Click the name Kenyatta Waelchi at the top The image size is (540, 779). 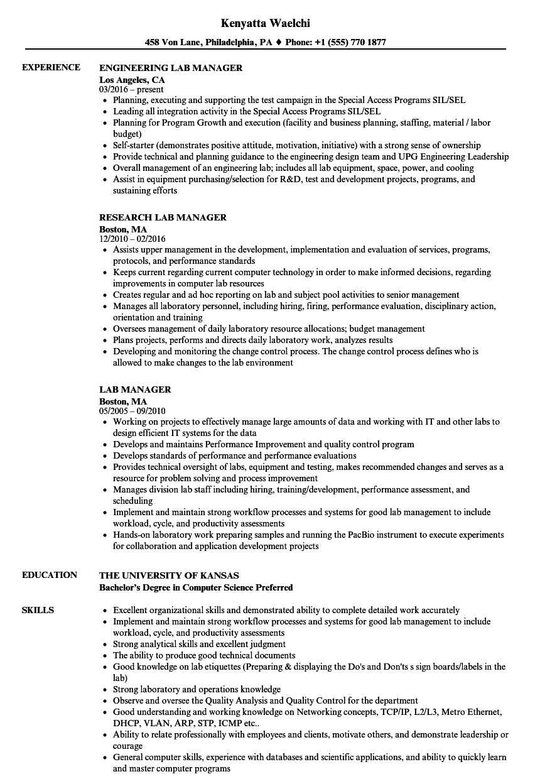coord(266,23)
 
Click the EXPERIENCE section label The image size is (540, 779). coord(51,67)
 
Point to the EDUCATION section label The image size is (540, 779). coord(50,575)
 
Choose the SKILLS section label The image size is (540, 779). coord(38,610)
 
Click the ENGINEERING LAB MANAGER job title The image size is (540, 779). coord(171,68)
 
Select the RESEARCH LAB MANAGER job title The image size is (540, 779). coord(163,217)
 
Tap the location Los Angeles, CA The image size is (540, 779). coord(132,80)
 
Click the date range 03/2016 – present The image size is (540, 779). coord(131,90)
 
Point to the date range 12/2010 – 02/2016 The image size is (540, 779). coord(132,239)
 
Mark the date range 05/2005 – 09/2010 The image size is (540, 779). coord(132,411)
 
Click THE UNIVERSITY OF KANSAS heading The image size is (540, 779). coord(169,575)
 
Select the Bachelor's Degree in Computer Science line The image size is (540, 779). coord(196,588)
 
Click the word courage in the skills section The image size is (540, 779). coord(127,746)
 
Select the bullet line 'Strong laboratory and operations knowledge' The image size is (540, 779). coord(197,689)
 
